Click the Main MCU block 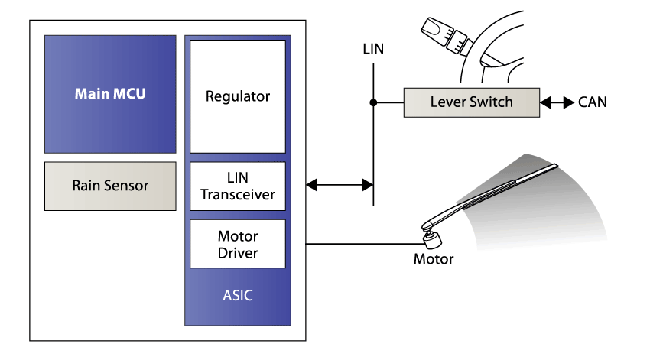click(x=110, y=94)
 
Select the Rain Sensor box click(x=110, y=186)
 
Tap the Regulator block click(x=237, y=96)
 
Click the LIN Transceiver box click(x=237, y=186)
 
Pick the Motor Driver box click(x=237, y=244)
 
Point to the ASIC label click(x=237, y=296)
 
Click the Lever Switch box click(x=471, y=102)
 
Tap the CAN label click(x=593, y=102)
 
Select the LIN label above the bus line click(x=373, y=50)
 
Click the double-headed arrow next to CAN click(x=557, y=102)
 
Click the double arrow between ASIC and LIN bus click(x=339, y=184)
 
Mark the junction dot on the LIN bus click(x=373, y=102)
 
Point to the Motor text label click(x=434, y=259)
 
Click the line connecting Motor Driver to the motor click(x=359, y=245)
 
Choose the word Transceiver click(x=237, y=194)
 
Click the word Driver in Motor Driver click(x=237, y=252)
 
